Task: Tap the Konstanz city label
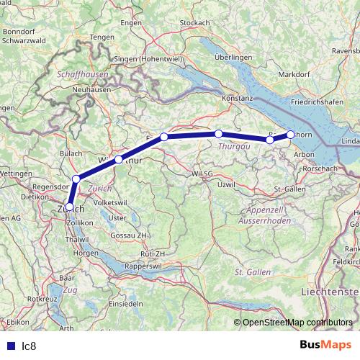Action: click(x=240, y=96)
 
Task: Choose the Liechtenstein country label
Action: click(x=328, y=291)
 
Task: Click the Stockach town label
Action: click(x=194, y=23)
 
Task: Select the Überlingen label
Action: click(x=233, y=57)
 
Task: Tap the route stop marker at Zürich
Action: click(x=69, y=206)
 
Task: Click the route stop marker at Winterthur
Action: click(x=118, y=159)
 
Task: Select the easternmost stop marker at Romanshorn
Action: click(x=290, y=134)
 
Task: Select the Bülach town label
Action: click(x=71, y=153)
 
